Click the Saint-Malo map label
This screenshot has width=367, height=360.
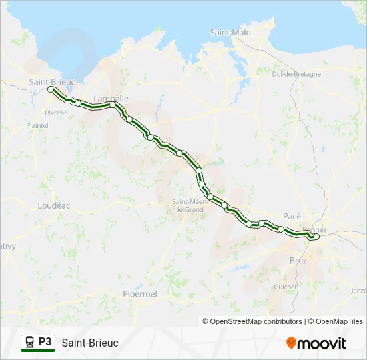point(230,32)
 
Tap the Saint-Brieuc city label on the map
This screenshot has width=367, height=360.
point(51,81)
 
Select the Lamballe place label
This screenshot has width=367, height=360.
point(111,98)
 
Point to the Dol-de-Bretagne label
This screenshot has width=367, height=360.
point(293,74)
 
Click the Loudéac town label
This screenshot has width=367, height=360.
point(55,205)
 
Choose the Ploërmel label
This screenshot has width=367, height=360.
point(140,293)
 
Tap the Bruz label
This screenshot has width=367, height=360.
point(298,260)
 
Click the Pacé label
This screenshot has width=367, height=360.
point(292,216)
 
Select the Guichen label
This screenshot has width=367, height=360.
point(286,287)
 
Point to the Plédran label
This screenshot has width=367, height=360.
point(56,113)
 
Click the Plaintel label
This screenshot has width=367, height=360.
point(37,125)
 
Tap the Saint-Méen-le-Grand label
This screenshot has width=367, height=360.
point(188,205)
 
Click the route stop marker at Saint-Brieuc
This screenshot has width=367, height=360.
point(51,89)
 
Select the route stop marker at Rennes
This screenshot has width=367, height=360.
point(316,237)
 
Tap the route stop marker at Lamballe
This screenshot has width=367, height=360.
point(113,105)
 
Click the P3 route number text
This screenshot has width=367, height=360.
point(45,342)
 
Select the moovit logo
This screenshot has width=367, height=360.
point(316,343)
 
